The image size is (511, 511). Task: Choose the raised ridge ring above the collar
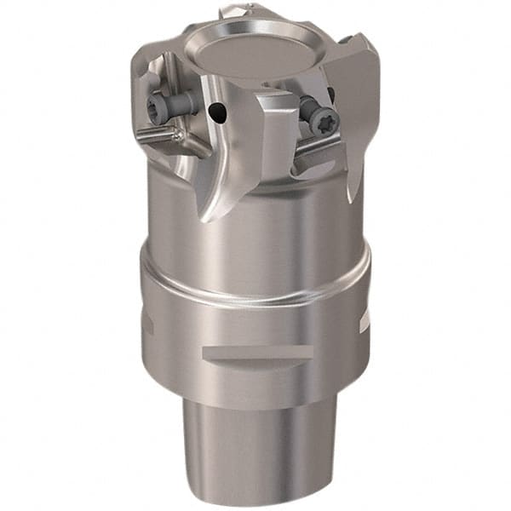tap(255, 290)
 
